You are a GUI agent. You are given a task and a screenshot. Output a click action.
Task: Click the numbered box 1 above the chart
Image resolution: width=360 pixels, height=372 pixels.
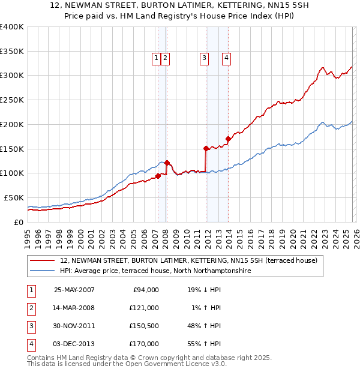pyautogui.click(x=156, y=58)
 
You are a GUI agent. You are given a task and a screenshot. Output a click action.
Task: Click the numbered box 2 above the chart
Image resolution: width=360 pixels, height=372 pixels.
pyautogui.click(x=165, y=58)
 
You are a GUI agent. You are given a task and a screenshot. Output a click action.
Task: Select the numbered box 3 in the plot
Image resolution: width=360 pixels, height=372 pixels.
pyautogui.click(x=205, y=58)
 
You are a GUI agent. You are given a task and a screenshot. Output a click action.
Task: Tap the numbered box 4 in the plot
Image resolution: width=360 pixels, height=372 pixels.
pyautogui.click(x=227, y=58)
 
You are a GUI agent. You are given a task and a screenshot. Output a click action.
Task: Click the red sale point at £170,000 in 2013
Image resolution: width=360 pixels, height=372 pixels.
pyautogui.click(x=228, y=139)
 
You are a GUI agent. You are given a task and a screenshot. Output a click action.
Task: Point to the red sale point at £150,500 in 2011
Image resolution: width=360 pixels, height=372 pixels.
pyautogui.click(x=206, y=148)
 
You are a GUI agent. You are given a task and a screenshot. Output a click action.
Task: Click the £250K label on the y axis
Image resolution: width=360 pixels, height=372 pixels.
pyautogui.click(x=12, y=100)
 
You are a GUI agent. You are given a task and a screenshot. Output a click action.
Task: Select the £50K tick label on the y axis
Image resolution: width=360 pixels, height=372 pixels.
pyautogui.click(x=14, y=197)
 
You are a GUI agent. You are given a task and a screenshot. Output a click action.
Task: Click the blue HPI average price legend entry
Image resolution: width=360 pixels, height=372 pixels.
pyautogui.click(x=155, y=271)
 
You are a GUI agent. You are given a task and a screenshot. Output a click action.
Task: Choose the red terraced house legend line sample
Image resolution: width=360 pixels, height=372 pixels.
pyautogui.click(x=43, y=261)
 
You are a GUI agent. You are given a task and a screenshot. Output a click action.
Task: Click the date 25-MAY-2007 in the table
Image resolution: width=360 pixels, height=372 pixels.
pyautogui.click(x=74, y=290)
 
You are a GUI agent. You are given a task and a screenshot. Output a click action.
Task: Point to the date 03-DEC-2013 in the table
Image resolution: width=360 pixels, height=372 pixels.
pyautogui.click(x=74, y=344)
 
